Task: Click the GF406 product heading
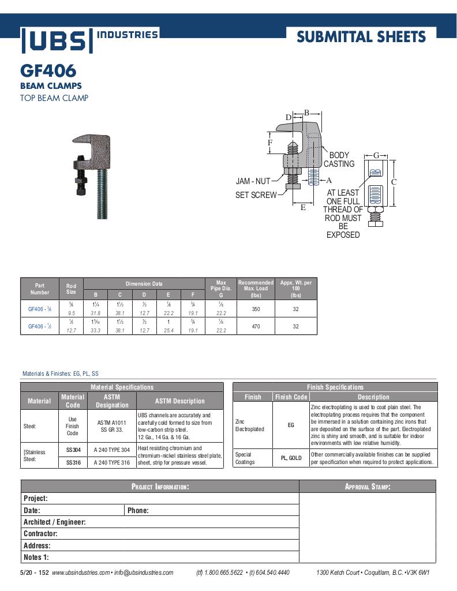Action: (x=48, y=72)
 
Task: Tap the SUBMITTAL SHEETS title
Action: (x=361, y=38)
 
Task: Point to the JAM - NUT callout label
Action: (x=253, y=181)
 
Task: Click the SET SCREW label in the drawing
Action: (x=256, y=195)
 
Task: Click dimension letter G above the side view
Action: (x=376, y=155)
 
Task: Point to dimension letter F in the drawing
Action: (x=269, y=143)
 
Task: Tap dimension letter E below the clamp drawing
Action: (x=303, y=207)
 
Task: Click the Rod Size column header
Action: (x=71, y=289)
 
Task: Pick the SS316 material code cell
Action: (x=73, y=462)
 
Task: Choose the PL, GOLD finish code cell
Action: (x=291, y=458)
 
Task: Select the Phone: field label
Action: (x=138, y=510)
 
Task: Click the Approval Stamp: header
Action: (x=368, y=487)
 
